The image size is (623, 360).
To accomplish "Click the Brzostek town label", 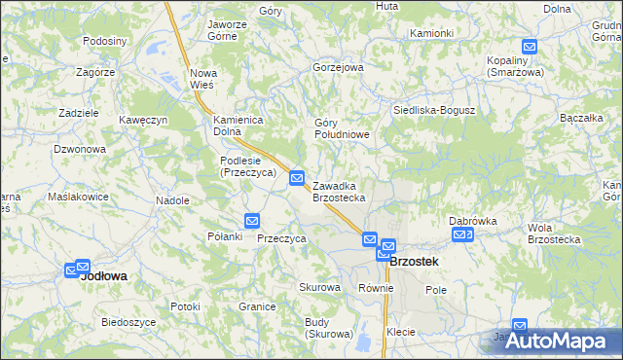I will click(x=414, y=262).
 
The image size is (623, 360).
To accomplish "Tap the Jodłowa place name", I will click(x=104, y=275).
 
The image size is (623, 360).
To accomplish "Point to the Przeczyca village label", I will click(x=282, y=238).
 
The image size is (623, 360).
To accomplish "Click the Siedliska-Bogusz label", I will click(x=433, y=110).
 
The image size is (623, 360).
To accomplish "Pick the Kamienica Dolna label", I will click(x=239, y=126).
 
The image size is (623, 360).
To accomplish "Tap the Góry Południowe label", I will click(x=342, y=128).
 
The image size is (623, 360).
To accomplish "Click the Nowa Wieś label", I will click(x=202, y=79).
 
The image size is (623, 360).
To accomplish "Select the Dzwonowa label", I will click(x=80, y=149).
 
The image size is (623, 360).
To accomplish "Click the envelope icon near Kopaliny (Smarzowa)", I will click(x=530, y=46).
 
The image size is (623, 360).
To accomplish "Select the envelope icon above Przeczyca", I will click(x=252, y=221).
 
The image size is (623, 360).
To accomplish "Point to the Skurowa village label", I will click(x=319, y=288).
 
